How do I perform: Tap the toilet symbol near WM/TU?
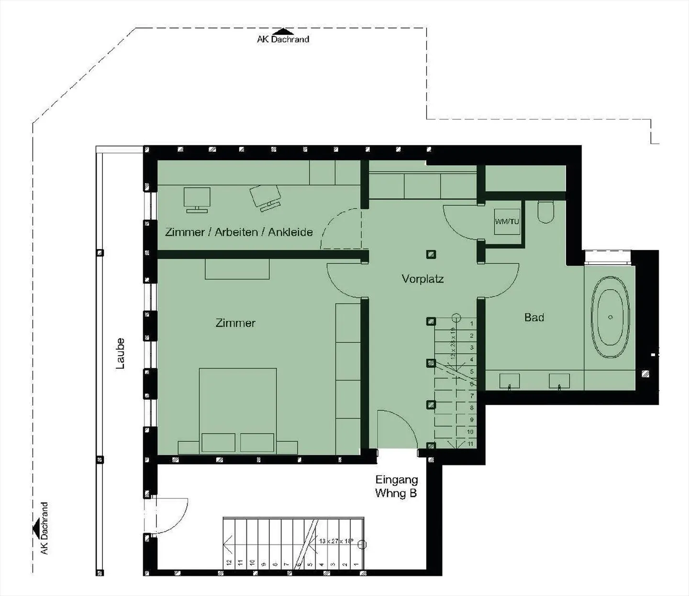(545, 212)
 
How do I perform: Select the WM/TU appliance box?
(507, 221)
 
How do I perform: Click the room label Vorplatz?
(422, 279)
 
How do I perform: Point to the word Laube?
(120, 354)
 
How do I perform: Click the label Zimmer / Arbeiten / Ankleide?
(239, 232)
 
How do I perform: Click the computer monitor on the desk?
(197, 199)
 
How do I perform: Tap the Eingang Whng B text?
(396, 486)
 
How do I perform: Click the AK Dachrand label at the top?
(283, 39)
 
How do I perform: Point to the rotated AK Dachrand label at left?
(44, 529)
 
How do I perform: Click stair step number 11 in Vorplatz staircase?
(470, 444)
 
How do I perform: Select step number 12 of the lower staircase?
(229, 562)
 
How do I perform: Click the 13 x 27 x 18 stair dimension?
(336, 541)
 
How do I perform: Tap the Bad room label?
(534, 317)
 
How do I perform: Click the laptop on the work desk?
(265, 197)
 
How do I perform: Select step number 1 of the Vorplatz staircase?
(471, 324)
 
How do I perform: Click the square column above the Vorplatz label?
(431, 255)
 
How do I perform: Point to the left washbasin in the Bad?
(509, 382)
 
